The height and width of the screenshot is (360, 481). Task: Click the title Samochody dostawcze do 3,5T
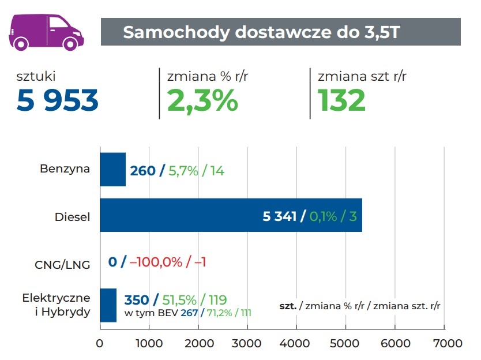tap(261, 32)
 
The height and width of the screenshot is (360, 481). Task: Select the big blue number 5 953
tap(58, 100)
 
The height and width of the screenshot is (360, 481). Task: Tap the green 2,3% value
tap(202, 100)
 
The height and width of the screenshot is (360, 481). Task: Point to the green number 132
tap(342, 100)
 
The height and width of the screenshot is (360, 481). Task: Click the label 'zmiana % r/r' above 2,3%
tap(202, 76)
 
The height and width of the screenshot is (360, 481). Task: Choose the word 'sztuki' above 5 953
tap(36, 76)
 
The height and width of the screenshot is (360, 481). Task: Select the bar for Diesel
tap(231, 215)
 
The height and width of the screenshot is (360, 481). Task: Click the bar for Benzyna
tap(112, 170)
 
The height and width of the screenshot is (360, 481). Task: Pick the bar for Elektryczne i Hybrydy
tap(108, 305)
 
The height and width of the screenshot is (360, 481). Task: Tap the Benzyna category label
tap(65, 170)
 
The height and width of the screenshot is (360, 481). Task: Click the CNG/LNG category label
tap(63, 264)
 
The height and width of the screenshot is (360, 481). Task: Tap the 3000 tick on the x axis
tap(247, 344)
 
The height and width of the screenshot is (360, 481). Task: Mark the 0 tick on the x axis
tap(100, 344)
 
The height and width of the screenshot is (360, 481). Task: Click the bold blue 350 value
tap(137, 300)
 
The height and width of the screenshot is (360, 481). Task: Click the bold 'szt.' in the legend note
tap(287, 306)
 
